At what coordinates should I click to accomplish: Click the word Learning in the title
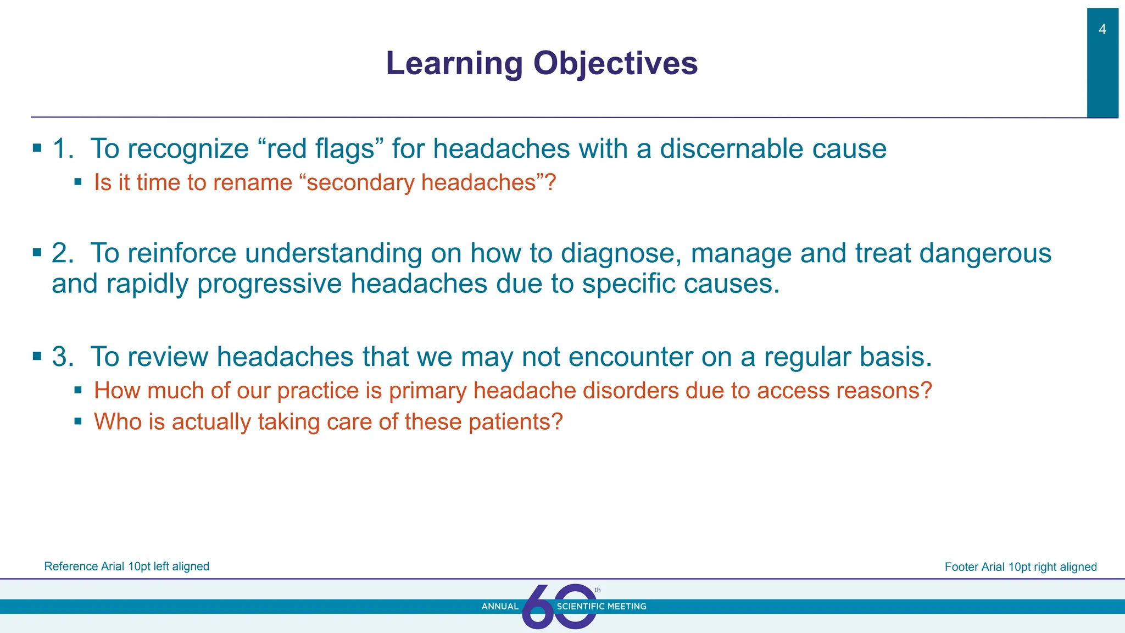click(454, 64)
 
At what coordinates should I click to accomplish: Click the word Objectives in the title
click(615, 64)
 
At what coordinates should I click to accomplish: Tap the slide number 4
click(1102, 30)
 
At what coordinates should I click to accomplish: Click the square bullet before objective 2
click(37, 253)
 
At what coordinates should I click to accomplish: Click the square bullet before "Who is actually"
click(78, 421)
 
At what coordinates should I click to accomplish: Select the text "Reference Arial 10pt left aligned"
click(126, 567)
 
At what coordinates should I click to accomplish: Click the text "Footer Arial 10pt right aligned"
click(1020, 567)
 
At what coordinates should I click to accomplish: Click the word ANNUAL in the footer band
click(499, 607)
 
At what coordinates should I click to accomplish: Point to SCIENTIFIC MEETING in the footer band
click(602, 607)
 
